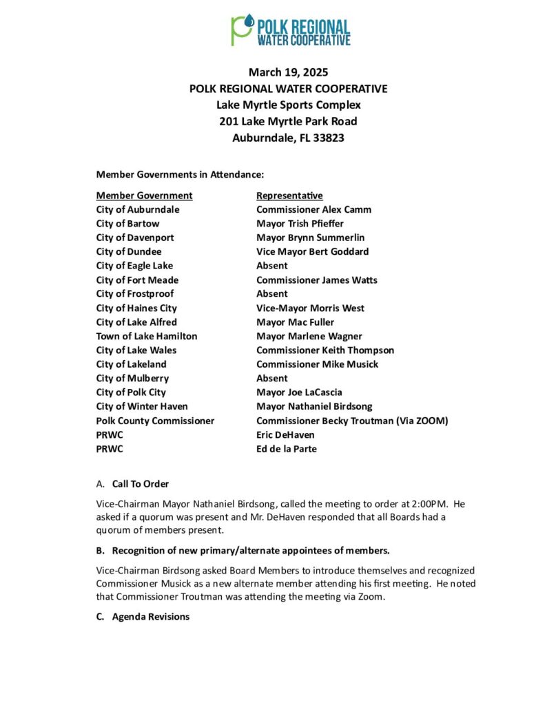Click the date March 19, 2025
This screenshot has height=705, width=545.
288,72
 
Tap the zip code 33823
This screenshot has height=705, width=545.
328,138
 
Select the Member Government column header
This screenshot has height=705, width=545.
144,196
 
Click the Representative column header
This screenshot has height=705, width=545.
289,196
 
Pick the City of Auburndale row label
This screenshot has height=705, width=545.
138,209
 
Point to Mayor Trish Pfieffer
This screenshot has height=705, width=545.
300,224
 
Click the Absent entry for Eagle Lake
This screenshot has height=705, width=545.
272,266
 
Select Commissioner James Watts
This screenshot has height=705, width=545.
316,280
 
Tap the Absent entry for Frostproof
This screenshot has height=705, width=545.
272,294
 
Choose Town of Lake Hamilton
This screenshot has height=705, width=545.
147,336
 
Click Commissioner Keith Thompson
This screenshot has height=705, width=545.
325,350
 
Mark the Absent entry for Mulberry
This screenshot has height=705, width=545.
272,379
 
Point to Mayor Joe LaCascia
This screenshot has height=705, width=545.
299,392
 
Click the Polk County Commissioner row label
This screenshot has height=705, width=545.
155,421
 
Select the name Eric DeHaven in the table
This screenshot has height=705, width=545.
285,434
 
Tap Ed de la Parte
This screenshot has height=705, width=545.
287,449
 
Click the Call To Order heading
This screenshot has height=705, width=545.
141,484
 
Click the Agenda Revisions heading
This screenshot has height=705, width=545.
150,617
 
